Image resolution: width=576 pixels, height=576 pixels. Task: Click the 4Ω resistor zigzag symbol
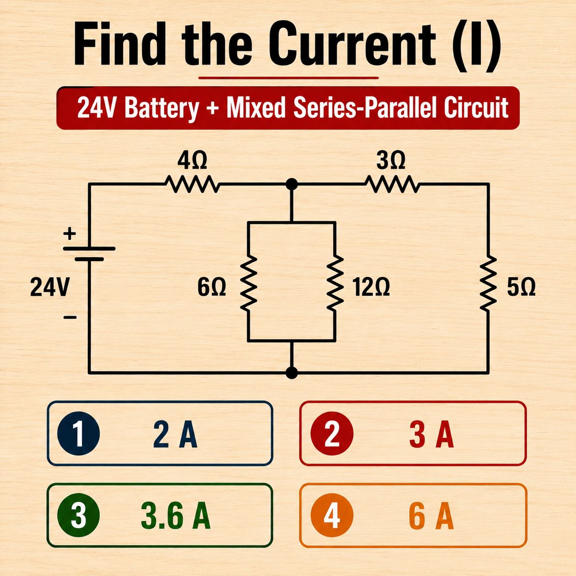(x=192, y=185)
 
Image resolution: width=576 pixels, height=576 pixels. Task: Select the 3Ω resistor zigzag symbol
(x=392, y=185)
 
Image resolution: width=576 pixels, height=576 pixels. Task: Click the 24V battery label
(x=50, y=287)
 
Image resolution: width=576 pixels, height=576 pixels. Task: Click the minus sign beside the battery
(x=70, y=317)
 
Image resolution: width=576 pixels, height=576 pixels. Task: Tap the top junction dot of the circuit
(x=291, y=184)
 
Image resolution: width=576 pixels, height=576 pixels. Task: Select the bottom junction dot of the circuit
(x=291, y=373)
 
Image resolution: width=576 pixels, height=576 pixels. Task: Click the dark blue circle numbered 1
(x=78, y=434)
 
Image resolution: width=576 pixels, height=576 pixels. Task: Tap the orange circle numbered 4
(x=332, y=515)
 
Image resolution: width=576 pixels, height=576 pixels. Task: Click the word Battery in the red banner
(x=161, y=108)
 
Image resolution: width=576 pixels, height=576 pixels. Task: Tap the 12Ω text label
(x=371, y=287)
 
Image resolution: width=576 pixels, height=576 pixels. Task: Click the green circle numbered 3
(x=78, y=515)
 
